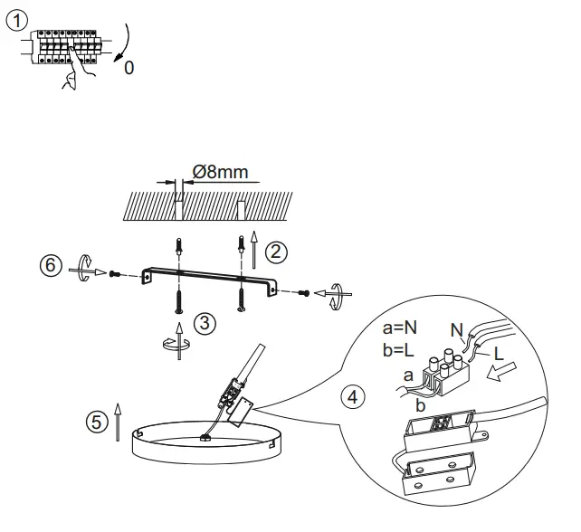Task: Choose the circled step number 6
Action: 52,266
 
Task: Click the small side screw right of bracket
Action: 306,292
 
